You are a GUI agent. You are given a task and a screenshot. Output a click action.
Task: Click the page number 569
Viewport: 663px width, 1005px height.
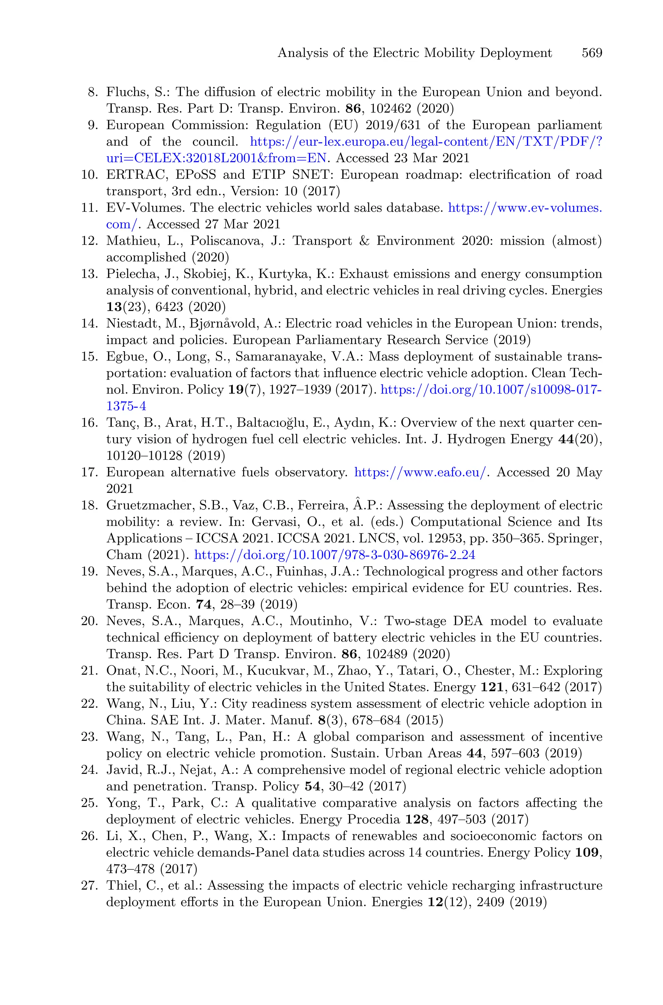click(x=591, y=53)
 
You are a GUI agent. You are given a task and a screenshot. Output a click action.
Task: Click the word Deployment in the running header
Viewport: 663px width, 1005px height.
click(x=516, y=53)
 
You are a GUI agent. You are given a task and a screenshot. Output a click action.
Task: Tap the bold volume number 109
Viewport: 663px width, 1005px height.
click(x=588, y=853)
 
